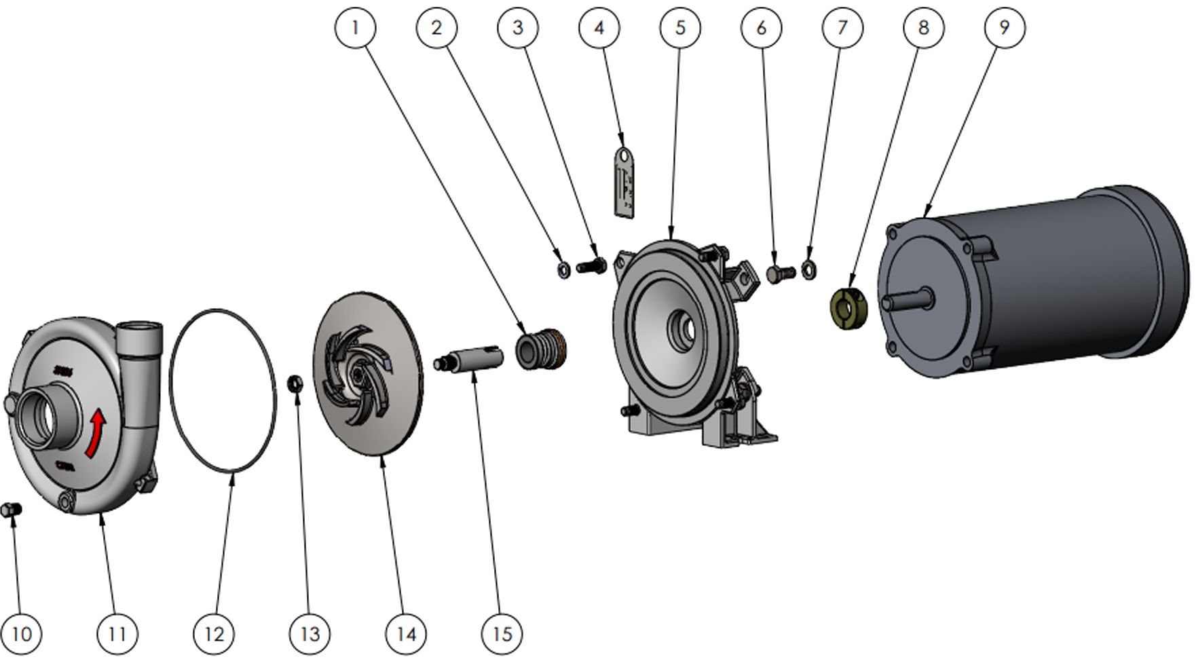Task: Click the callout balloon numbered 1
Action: coord(355,28)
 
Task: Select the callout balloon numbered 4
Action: coord(599,28)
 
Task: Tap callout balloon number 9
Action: coord(1004,28)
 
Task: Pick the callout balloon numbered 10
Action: coord(22,633)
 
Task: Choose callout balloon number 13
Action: coord(310,633)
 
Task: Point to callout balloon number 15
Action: coord(502,633)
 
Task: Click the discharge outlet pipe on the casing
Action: coord(141,340)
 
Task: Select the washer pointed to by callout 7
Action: coord(808,269)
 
